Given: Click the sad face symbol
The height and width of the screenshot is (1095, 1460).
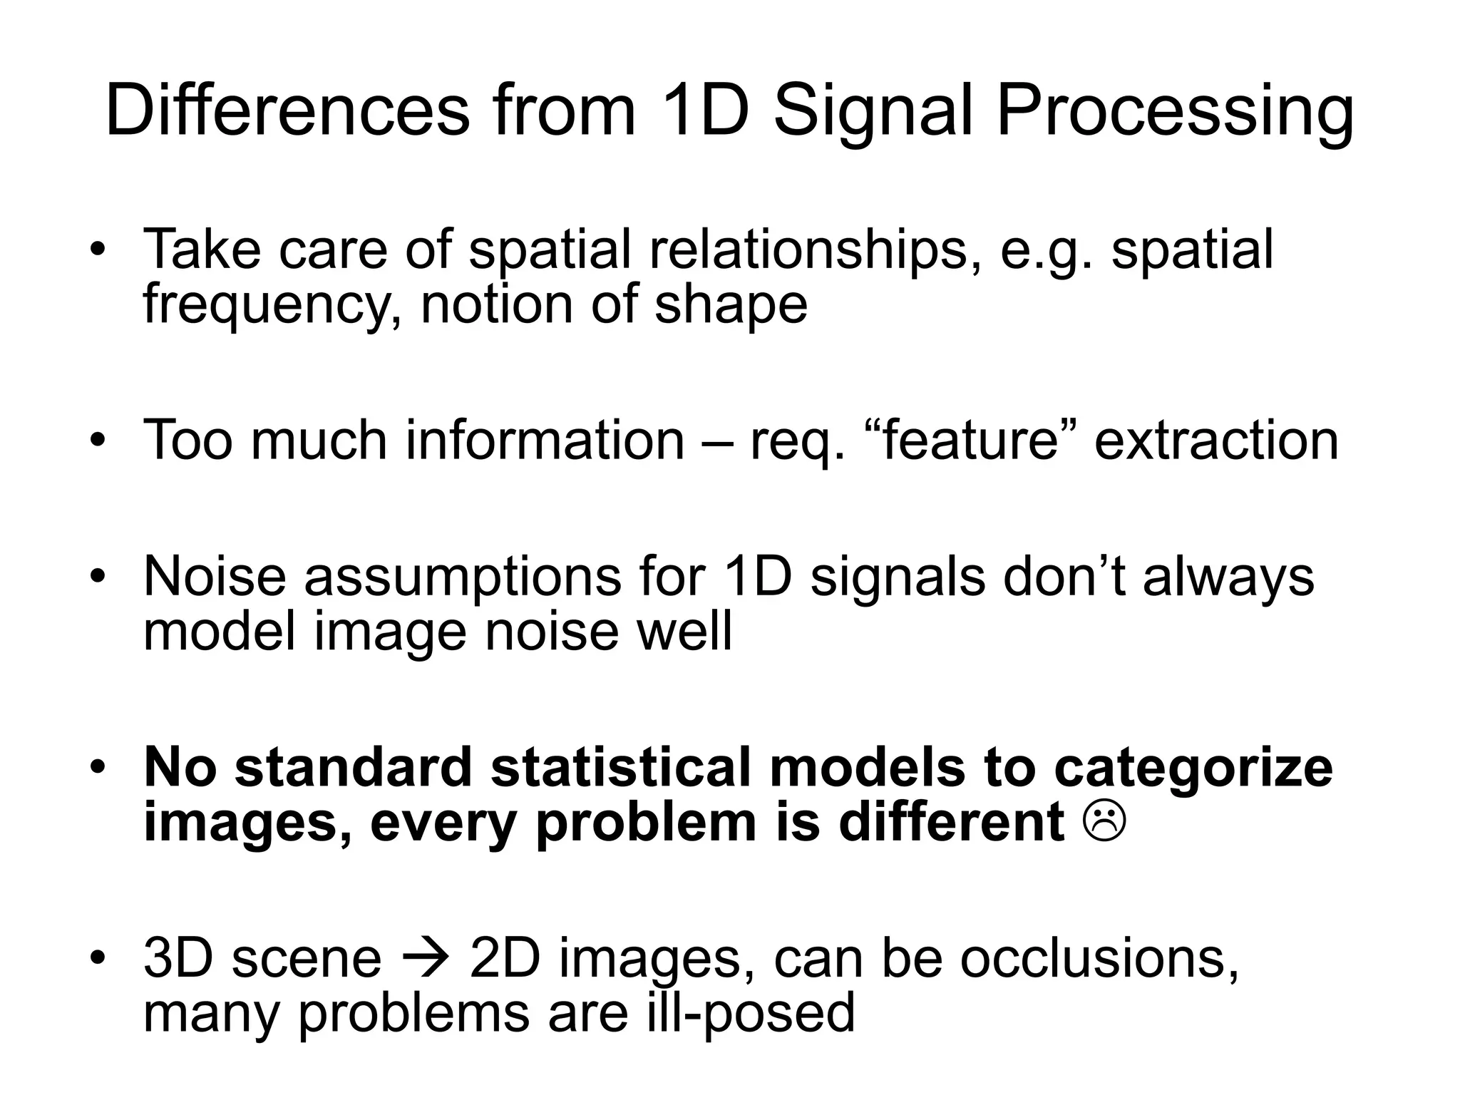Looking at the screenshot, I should [x=1104, y=822].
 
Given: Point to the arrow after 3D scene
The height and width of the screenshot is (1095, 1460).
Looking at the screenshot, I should [x=426, y=959].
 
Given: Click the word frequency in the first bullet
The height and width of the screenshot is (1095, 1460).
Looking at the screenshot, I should [x=268, y=305].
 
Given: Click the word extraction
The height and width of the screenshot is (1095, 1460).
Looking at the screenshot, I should [x=1216, y=440].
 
